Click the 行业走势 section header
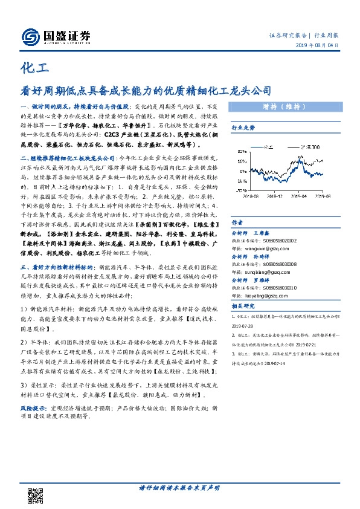[x=243, y=128]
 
